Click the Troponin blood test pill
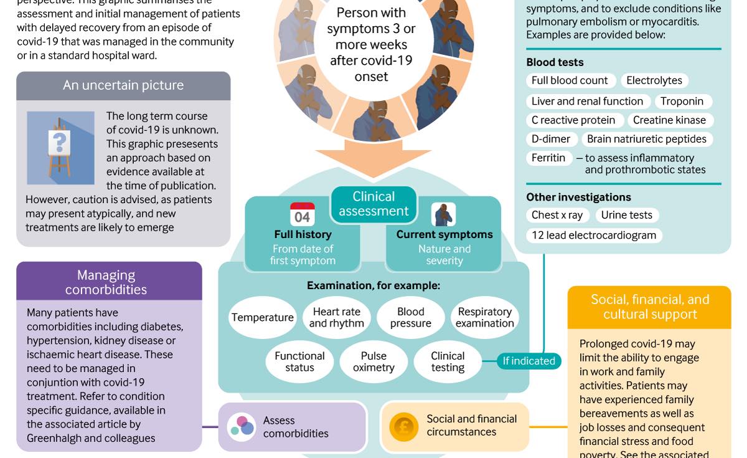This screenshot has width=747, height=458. (x=683, y=101)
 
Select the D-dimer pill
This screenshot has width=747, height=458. (x=552, y=139)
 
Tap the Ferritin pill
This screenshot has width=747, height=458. (x=549, y=158)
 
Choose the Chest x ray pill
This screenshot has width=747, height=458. (x=557, y=215)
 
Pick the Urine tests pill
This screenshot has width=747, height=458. (x=627, y=215)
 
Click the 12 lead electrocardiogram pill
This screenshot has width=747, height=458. (x=594, y=236)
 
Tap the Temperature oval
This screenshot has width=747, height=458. (x=263, y=317)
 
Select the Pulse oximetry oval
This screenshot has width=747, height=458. (x=374, y=361)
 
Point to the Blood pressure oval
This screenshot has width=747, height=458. (x=410, y=317)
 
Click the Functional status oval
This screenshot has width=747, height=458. (x=299, y=361)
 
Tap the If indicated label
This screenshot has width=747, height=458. (x=529, y=361)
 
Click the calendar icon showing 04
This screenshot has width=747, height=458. (x=302, y=214)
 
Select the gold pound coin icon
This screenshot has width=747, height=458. (x=403, y=427)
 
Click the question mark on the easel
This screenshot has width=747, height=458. (x=59, y=143)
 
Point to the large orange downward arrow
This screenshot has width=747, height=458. (x=374, y=158)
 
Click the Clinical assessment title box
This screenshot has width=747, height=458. (x=374, y=204)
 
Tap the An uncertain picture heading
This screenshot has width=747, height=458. (x=123, y=85)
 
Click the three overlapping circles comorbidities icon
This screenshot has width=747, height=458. (x=242, y=426)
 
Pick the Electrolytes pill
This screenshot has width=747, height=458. (x=654, y=80)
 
